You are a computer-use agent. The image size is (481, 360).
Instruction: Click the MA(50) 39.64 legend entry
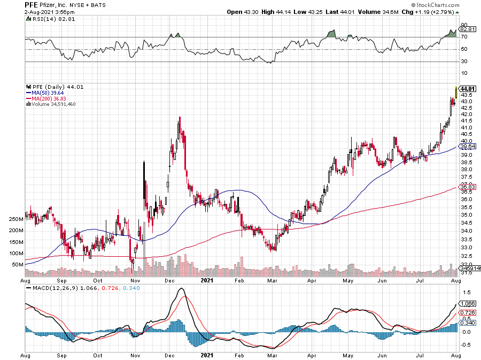tap(45, 92)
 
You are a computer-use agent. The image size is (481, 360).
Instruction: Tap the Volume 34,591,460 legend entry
tap(53, 104)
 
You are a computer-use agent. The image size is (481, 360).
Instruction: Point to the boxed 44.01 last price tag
tap(467, 88)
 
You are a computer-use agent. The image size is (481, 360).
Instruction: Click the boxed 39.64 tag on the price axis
tap(467, 146)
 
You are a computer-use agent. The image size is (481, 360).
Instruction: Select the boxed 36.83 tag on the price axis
tap(467, 187)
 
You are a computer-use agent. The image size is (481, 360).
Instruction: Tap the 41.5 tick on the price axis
tap(466, 121)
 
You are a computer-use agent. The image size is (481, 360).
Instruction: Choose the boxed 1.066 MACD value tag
tap(467, 303)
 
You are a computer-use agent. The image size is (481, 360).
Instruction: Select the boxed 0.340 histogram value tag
tap(467, 323)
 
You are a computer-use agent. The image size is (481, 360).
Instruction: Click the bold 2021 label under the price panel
tap(207, 280)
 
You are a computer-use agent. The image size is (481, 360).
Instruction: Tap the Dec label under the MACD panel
tap(171, 355)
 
